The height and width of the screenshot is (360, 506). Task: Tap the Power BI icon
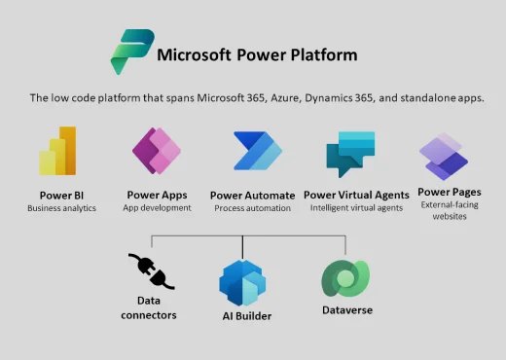58,151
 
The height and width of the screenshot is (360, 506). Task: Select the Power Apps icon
156,151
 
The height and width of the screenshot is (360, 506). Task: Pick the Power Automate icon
257,151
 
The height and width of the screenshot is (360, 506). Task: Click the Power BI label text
60,195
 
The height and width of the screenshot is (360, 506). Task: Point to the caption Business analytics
61,208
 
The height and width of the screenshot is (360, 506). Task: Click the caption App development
157,208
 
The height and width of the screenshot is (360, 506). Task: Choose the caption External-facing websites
449,210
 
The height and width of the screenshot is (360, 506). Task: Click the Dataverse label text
346,310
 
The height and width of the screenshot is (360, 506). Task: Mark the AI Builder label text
244,316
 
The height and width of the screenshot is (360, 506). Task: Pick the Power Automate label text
253,195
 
